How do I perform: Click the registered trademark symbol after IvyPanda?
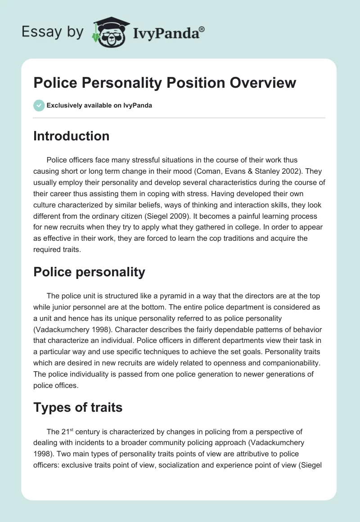202,29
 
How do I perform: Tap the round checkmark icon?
39,105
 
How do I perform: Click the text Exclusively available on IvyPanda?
99,106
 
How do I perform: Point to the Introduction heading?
71,136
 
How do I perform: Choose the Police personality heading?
89,272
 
